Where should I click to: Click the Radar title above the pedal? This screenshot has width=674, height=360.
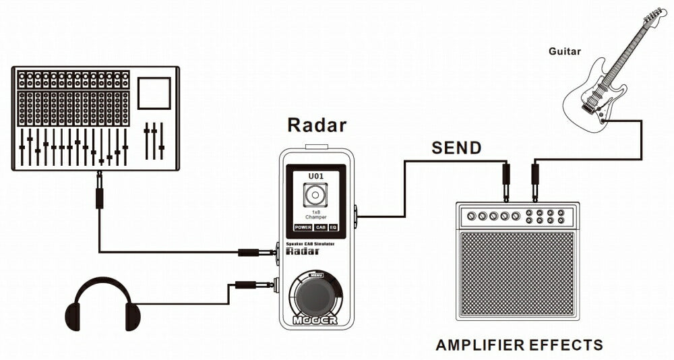[317, 125]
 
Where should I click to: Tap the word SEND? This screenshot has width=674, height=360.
[456, 148]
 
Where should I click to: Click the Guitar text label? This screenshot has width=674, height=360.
[565, 51]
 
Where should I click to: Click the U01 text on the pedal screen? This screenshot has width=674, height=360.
[316, 176]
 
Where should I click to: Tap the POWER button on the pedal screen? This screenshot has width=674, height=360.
[303, 227]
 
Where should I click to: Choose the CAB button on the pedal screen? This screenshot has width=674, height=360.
[321, 227]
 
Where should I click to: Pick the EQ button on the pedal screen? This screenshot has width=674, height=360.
[334, 227]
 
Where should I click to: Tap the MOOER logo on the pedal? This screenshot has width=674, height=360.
[315, 320]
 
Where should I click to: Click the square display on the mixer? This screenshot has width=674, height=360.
[154, 93]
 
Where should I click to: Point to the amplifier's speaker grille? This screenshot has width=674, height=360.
[517, 274]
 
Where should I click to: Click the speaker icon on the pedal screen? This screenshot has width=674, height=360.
[315, 196]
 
